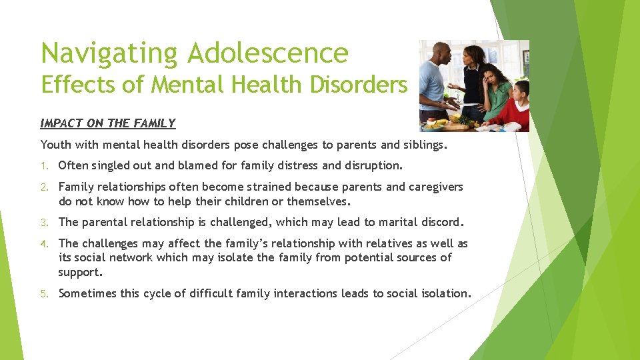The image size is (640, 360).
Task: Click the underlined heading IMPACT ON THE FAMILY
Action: click(107, 123)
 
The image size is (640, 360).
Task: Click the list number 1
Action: click(44, 165)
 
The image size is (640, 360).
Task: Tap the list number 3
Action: click(44, 223)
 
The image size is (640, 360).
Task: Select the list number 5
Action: click(44, 294)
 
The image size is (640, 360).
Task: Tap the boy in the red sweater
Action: click(517, 110)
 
